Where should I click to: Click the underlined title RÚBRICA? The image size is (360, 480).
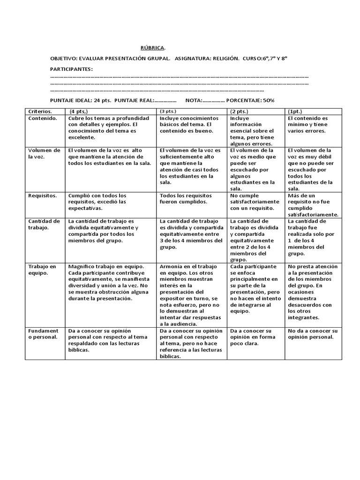coord(153,48)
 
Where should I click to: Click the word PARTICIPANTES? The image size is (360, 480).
coord(71,69)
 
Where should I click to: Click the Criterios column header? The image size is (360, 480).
coord(40,112)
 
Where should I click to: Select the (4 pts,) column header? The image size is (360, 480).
coord(79,112)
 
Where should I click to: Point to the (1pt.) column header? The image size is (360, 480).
coord(296,112)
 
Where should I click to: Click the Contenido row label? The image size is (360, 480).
coord(43,119)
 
